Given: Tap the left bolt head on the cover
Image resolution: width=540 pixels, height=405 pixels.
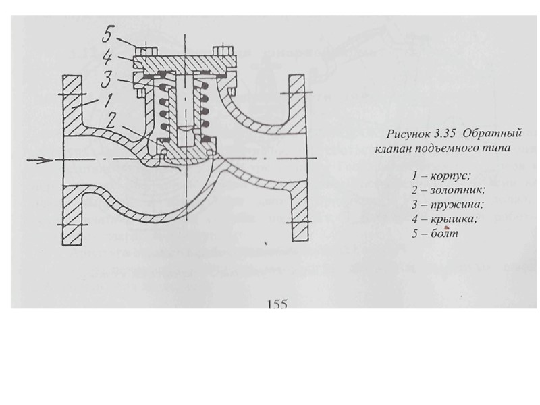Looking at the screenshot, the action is point(143,51).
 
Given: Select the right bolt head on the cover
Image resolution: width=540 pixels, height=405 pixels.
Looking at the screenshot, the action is point(221,51).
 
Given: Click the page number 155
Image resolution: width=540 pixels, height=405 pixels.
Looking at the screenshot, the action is point(277,304).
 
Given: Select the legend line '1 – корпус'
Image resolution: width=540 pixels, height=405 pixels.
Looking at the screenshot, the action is point(441,176).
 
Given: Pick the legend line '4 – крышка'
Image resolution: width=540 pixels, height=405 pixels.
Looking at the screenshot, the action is point(444,219).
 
